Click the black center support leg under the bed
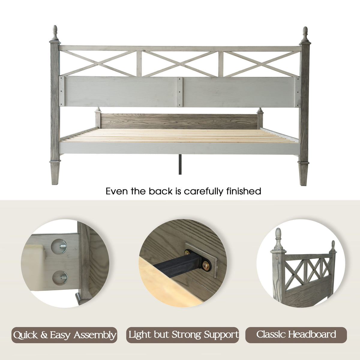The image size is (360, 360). point(180,164)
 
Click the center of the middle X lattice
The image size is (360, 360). point(180,64)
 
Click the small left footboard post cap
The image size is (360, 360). point(98,110)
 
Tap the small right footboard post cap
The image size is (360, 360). point(260,110)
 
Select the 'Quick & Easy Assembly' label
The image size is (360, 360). point(64,335)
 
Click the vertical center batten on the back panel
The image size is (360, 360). point(179,92)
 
